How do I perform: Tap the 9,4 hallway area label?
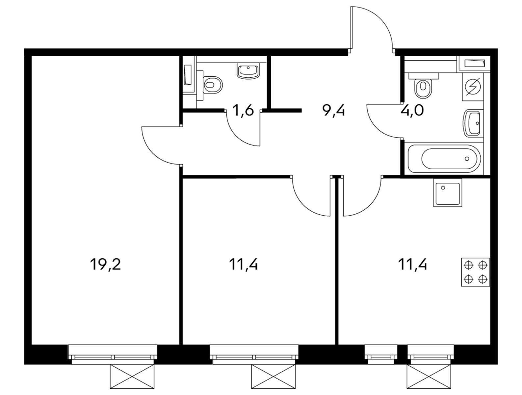coord(333,111)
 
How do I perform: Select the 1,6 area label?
coord(243,111)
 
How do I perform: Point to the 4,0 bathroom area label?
coord(412,111)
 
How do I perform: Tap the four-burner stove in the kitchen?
coord(475,272)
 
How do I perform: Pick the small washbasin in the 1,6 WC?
coord(248,71)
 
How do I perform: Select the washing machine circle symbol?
coord(473,87)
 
